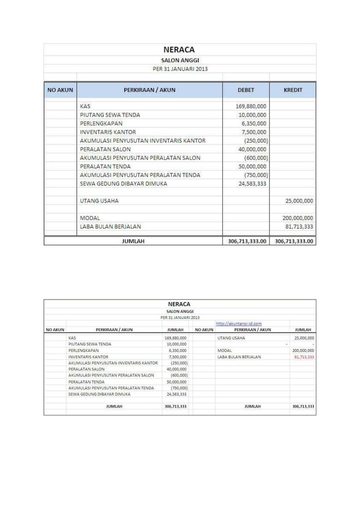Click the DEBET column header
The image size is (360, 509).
pos(246,90)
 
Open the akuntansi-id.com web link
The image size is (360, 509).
pos(239,323)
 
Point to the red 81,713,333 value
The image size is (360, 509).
pos(304,357)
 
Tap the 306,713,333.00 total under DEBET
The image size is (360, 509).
pos(247,241)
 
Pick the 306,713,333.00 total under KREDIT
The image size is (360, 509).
pos(293,241)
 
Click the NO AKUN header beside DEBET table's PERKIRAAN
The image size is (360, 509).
pos(59,90)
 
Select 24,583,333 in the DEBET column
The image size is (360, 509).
pos(253,184)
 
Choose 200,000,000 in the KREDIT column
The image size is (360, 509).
pos(298,218)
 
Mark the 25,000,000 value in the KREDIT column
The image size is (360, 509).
pos(300,200)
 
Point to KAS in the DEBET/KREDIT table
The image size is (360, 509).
pos(85,106)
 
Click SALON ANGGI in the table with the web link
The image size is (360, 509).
pos(179,310)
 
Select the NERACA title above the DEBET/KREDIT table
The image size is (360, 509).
pos(179,50)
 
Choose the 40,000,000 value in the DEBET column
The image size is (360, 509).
pos(254,149)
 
